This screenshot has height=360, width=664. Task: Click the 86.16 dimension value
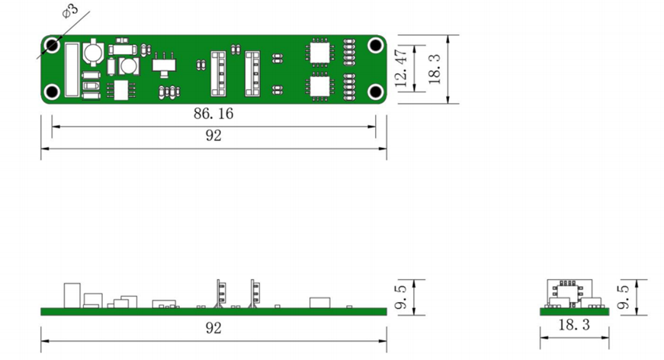point(213,114)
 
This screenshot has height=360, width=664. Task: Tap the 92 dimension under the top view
point(213,137)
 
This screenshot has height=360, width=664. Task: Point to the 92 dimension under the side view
point(213,329)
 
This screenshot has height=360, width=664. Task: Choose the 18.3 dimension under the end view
point(574,326)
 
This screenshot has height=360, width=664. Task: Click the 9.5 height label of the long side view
point(402,297)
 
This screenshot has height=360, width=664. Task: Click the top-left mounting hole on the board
point(52,45)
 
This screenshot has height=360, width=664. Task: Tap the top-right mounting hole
point(375,45)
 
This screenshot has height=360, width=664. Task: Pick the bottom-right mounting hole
point(375,92)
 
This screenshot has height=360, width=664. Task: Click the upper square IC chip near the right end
point(319,51)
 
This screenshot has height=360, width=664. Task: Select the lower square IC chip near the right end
point(319,87)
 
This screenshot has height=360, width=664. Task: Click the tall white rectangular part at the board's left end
point(72,70)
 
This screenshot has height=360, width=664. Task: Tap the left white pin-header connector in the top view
point(218,72)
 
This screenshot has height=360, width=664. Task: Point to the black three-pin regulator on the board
point(162,65)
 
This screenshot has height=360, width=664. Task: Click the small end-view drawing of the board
point(573,298)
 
